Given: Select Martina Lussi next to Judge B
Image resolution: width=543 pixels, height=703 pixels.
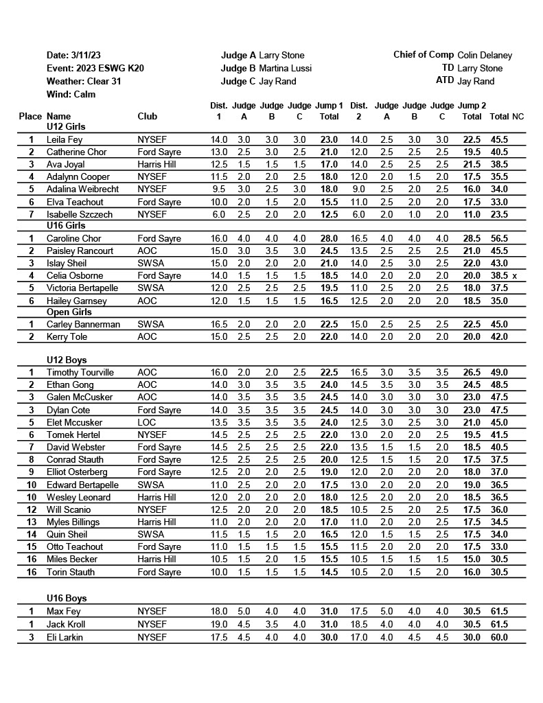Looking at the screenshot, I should pos(285,68).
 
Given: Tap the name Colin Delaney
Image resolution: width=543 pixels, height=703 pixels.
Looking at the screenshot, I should pos(485,55).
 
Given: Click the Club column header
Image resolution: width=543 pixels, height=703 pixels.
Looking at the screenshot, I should pos(148,117).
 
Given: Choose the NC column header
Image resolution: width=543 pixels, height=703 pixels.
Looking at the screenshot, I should pos(518,117).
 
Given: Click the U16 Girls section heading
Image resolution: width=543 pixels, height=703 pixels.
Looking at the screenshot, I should pos(66,225).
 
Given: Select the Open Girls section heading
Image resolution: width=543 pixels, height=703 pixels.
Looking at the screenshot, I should pos(69,312).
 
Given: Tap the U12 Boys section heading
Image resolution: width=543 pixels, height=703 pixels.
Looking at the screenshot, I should pos(66,360).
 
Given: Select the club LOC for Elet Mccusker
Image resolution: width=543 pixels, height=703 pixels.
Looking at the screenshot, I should pos(146,422).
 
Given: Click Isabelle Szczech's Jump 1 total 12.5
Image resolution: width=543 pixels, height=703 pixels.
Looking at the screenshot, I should pos(329,214).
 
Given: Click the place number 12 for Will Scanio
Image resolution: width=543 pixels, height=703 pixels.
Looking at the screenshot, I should pos(31,509).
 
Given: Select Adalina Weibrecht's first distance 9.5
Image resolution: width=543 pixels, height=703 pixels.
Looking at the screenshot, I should pos(219,189).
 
